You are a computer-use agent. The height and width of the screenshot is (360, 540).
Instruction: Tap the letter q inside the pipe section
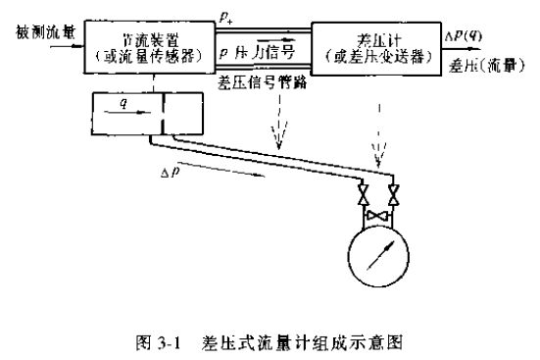pyautogui.click(x=123, y=100)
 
